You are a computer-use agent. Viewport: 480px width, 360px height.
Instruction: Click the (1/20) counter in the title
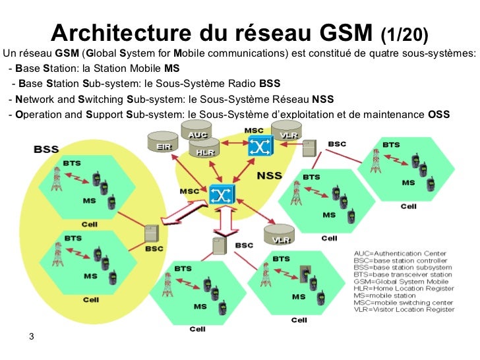click(x=404, y=34)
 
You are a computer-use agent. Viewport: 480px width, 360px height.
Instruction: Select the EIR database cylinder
click(x=160, y=145)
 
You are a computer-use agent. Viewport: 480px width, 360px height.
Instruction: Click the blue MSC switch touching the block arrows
click(x=220, y=194)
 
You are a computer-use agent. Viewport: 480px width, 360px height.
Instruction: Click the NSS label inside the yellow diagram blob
click(x=271, y=177)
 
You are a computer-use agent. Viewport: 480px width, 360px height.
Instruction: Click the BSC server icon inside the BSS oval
click(x=152, y=234)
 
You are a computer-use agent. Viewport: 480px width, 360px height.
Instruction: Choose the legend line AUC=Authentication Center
click(x=400, y=253)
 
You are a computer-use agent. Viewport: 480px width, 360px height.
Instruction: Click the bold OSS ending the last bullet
click(x=439, y=114)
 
